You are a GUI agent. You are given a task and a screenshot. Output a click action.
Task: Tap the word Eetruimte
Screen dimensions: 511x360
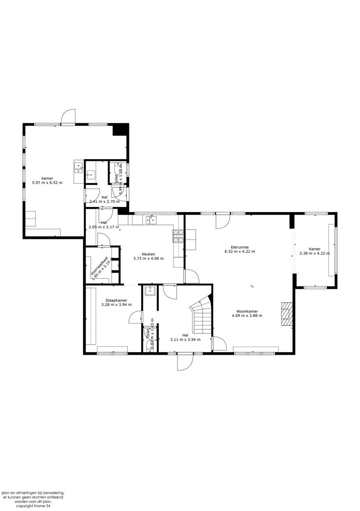(x=240, y=247)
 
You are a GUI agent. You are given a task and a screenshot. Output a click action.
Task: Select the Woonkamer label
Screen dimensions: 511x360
(x=247, y=311)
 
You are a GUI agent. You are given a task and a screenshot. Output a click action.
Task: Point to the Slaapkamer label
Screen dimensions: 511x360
(x=116, y=300)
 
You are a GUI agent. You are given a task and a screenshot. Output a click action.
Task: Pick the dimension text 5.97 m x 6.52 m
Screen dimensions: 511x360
(x=47, y=183)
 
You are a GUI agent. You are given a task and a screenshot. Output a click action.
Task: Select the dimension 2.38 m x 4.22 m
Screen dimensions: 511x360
(x=314, y=254)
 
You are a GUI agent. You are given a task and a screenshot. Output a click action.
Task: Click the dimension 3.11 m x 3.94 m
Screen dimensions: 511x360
(x=185, y=339)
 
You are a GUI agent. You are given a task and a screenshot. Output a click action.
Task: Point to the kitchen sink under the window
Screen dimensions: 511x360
(x=151, y=220)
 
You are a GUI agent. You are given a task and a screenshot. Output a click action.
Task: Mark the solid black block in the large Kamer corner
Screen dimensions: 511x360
(x=120, y=129)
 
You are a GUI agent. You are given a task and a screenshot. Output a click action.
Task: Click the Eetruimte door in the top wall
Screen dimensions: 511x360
(x=222, y=221)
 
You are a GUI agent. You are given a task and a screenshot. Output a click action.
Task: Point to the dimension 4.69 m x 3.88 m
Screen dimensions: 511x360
(x=247, y=316)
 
